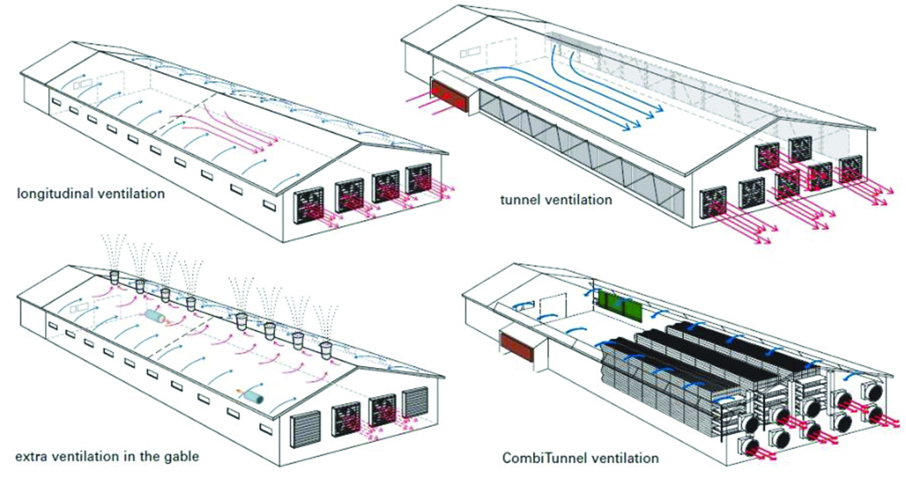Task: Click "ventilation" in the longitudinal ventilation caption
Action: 124,194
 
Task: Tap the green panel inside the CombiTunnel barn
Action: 620,306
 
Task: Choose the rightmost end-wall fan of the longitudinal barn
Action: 420,181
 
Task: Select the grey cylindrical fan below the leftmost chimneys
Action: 155,317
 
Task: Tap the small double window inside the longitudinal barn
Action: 83,85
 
